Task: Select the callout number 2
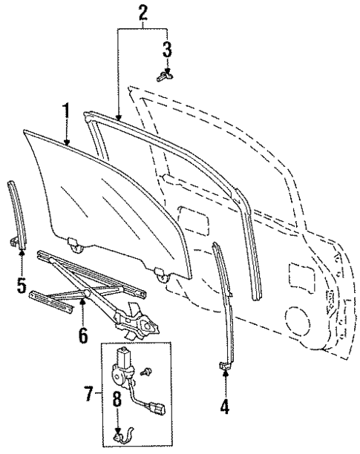(x=143, y=12)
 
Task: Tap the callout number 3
(x=167, y=50)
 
